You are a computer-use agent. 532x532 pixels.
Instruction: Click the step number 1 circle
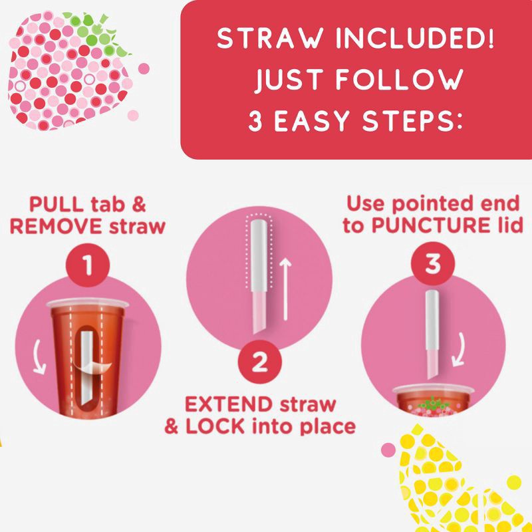[86, 267]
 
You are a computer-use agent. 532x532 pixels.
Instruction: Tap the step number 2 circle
[259, 363]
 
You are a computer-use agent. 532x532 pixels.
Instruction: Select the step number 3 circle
[433, 265]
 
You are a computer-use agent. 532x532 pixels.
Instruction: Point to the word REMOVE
[56, 226]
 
